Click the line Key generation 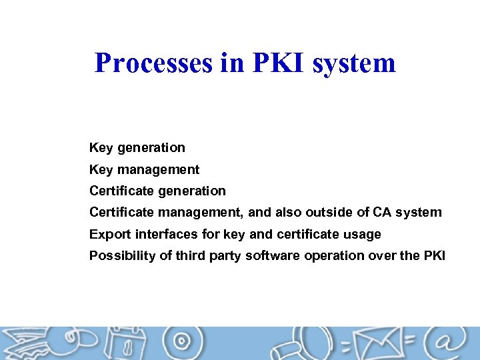click(x=137, y=147)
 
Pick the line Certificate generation click(x=157, y=191)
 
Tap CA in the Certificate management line click(x=383, y=213)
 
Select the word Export click(x=109, y=234)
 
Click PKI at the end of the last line click(x=433, y=255)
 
